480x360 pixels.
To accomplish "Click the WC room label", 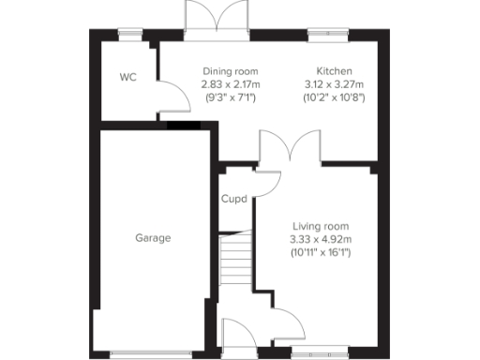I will [x=127, y=77].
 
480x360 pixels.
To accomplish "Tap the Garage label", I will [x=153, y=238].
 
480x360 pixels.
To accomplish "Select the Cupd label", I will [x=233, y=199].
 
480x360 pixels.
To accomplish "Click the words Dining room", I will [x=230, y=72].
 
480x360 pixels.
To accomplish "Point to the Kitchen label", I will [x=334, y=72].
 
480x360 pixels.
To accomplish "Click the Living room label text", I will [x=321, y=227].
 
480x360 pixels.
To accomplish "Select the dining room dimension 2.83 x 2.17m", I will [x=230, y=84].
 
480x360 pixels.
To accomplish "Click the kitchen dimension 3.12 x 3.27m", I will [x=334, y=84].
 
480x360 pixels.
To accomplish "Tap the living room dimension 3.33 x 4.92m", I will [x=321, y=240].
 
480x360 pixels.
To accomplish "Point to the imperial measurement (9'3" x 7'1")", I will [x=230, y=97].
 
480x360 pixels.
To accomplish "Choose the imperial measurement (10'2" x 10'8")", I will [x=334, y=97].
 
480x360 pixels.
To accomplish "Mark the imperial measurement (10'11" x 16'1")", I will [x=321, y=253].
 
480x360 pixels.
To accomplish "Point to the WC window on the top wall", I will [x=131, y=35].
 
